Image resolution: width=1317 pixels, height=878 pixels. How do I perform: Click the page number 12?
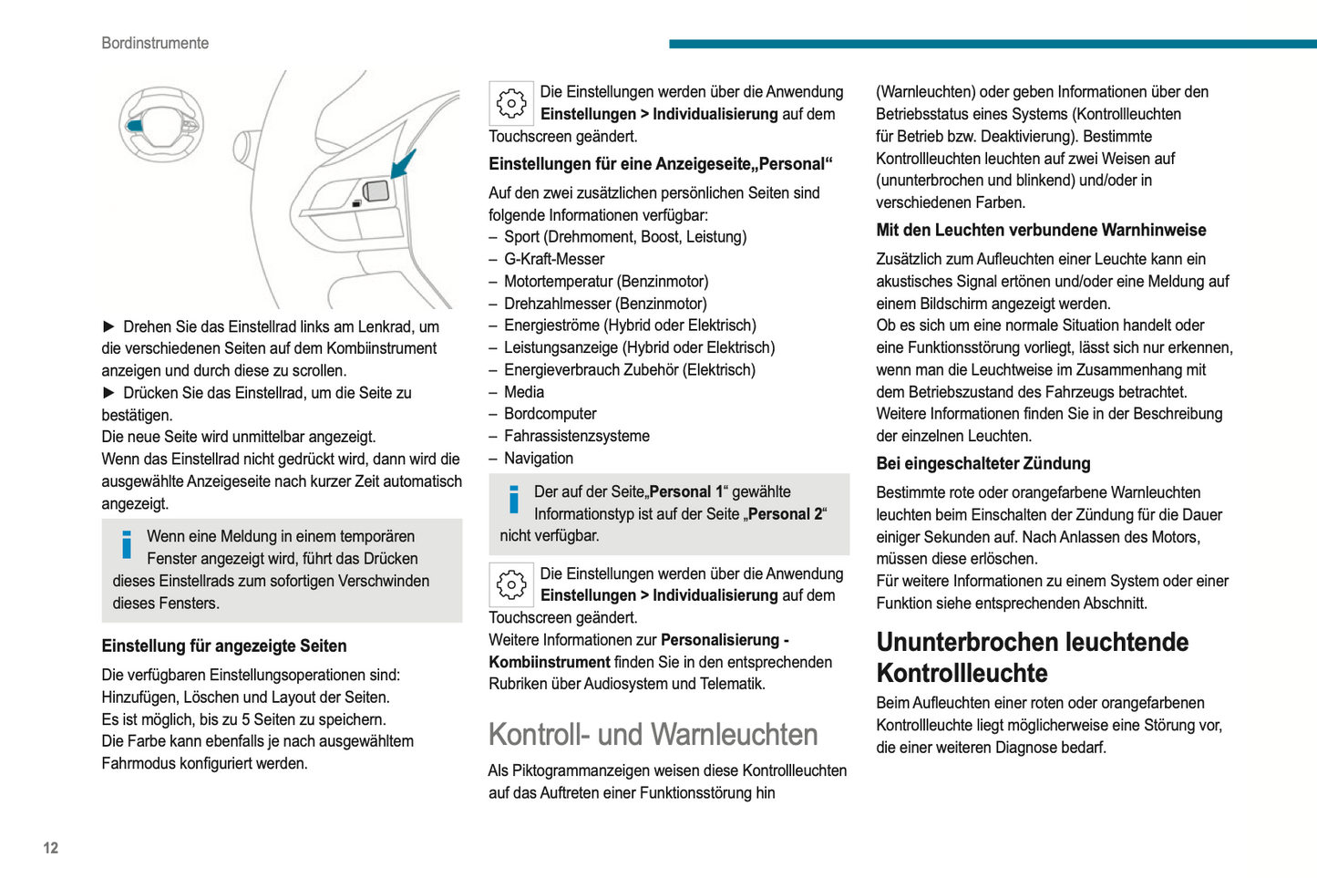click(x=51, y=848)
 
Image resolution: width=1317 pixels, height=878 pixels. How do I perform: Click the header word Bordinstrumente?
click(x=155, y=43)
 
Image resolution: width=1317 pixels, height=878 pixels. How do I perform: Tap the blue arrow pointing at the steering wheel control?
click(x=403, y=164)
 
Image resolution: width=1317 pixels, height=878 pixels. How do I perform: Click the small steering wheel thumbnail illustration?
click(x=161, y=124)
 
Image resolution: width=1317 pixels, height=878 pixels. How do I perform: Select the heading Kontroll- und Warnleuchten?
click(x=653, y=735)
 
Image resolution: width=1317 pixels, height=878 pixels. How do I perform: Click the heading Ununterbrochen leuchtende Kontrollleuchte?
click(x=1032, y=657)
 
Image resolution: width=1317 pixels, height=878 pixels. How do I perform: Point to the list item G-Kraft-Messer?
click(x=554, y=259)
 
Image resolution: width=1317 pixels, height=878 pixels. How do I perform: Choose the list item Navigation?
click(x=539, y=459)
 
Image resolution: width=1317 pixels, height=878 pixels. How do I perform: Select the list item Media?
click(x=524, y=392)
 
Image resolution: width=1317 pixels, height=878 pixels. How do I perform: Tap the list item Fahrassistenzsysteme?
click(x=577, y=436)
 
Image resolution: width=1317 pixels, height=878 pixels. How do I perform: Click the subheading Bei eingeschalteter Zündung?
click(x=983, y=463)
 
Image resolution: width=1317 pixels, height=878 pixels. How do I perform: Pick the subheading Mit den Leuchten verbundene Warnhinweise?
click(x=1041, y=230)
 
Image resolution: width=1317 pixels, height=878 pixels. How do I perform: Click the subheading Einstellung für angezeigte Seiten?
click(x=224, y=646)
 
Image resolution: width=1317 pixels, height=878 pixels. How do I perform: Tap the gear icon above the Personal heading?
click(x=511, y=104)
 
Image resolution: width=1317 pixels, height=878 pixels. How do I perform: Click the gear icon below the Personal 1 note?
click(x=511, y=585)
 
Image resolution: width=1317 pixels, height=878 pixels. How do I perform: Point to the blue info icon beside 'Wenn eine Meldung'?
click(x=127, y=544)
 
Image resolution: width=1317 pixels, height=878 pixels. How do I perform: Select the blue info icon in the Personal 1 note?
click(x=514, y=500)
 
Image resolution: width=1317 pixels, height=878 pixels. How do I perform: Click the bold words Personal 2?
click(x=786, y=514)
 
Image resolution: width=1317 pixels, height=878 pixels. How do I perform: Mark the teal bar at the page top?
click(x=993, y=44)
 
